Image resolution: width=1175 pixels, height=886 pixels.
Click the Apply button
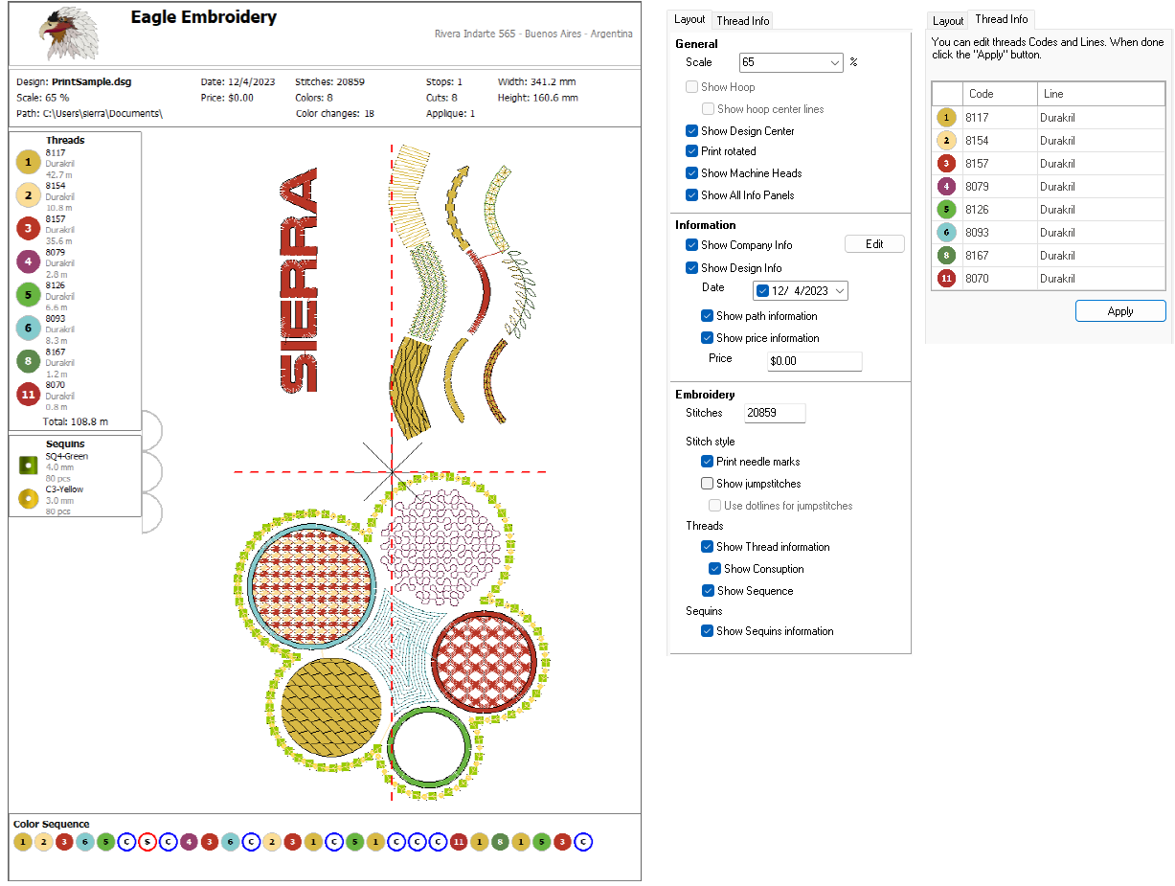[x=1119, y=311]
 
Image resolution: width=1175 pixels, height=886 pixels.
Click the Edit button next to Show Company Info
[x=874, y=244]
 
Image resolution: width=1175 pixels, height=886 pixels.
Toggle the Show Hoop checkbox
[x=692, y=87]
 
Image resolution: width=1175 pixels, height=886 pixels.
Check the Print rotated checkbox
[x=692, y=151]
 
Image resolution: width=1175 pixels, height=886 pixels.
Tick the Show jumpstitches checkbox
[x=708, y=484]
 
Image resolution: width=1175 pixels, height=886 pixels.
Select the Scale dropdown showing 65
[x=791, y=62]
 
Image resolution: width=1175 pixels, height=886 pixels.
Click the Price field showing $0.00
[x=814, y=361]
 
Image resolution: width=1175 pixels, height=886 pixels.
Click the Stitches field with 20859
[x=774, y=413]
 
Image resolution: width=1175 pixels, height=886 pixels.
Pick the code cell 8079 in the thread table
[x=1001, y=187]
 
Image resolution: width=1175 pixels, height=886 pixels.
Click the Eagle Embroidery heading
[x=203, y=17]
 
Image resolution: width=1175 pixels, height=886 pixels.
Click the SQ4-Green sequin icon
[x=28, y=466]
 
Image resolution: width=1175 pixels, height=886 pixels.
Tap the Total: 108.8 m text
[x=75, y=421]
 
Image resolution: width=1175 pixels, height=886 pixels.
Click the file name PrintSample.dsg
[x=92, y=82]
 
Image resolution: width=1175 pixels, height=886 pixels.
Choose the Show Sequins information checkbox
[x=708, y=631]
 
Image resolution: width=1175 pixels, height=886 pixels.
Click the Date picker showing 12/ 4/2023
[x=801, y=290]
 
